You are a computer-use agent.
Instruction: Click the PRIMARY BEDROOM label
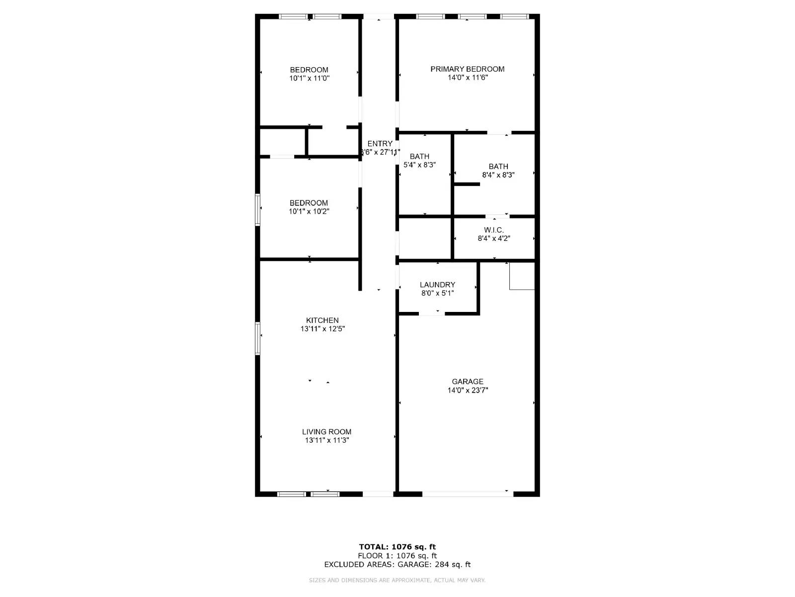467,69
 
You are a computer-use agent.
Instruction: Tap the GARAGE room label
468,382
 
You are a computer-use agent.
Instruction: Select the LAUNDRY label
437,285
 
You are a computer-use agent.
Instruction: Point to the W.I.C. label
494,230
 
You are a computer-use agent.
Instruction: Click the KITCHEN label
322,320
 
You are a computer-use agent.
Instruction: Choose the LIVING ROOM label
326,432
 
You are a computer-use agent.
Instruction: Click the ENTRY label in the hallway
380,144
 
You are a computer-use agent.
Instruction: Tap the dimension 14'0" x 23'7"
468,391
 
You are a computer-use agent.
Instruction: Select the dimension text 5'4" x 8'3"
419,165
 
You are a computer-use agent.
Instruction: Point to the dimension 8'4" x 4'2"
494,238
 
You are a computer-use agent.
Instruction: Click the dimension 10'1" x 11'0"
309,78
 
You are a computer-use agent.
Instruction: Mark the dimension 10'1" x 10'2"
309,211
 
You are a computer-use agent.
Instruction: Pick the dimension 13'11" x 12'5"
322,329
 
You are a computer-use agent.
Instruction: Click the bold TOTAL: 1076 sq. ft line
397,547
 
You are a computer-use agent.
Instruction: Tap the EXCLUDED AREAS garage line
397,564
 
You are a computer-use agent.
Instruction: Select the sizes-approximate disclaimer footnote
397,580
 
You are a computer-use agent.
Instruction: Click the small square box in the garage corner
522,276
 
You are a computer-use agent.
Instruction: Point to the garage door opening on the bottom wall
468,494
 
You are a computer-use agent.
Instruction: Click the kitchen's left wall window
257,338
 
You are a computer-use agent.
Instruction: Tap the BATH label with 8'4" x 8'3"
498,167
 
